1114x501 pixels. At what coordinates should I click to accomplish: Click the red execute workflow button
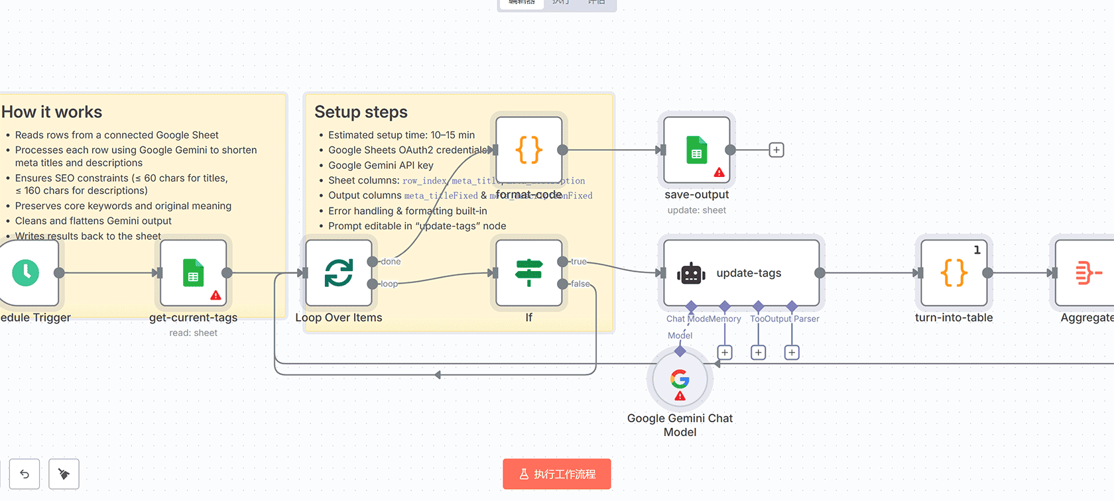point(556,474)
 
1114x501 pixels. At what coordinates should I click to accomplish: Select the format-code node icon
point(528,150)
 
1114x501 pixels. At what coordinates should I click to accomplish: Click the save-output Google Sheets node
point(696,150)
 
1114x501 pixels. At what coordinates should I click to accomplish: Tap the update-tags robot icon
point(691,273)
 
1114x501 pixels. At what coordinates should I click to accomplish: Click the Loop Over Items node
point(338,272)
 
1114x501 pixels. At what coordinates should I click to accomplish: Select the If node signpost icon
point(528,272)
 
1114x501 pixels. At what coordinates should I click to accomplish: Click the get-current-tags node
point(193,272)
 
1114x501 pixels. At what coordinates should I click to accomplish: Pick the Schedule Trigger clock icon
point(26,272)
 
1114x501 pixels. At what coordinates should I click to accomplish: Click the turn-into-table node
point(954,272)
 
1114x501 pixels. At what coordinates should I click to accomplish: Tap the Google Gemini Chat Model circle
point(680,380)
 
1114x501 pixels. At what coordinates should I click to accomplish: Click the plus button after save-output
point(776,150)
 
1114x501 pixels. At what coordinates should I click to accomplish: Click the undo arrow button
point(25,474)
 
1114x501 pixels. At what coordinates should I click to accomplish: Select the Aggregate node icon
point(1087,272)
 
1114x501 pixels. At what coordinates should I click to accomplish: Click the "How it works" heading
point(52,112)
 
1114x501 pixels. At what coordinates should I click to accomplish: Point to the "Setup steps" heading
point(361,112)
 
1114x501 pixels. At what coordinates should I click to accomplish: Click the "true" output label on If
point(578,262)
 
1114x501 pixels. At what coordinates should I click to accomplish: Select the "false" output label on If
point(580,284)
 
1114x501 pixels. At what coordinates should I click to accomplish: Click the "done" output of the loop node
point(391,262)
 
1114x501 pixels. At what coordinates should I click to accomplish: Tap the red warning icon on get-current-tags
point(216,296)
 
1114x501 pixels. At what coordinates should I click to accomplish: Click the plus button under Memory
point(725,353)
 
